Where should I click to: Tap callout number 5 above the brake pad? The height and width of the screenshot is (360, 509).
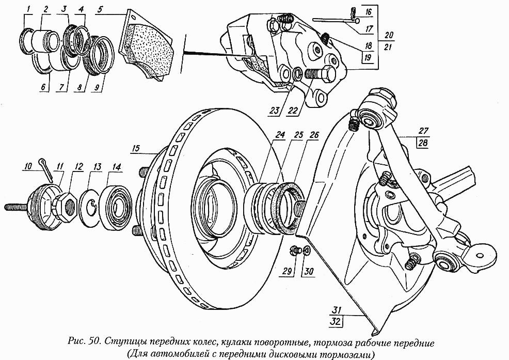pyautogui.click(x=99, y=9)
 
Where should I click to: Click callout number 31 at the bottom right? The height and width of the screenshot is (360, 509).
pyautogui.click(x=337, y=310)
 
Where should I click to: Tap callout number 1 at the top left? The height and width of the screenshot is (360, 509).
pyautogui.click(x=29, y=9)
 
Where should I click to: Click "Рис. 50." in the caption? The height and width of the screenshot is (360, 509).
pyautogui.click(x=85, y=342)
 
